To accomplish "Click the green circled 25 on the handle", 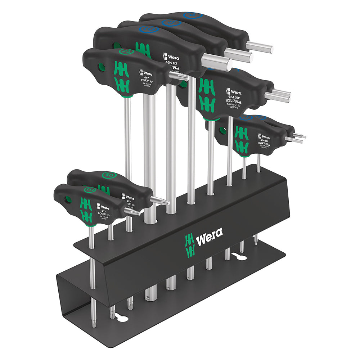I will [x=126, y=52].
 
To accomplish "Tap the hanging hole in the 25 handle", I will [x=102, y=67].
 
